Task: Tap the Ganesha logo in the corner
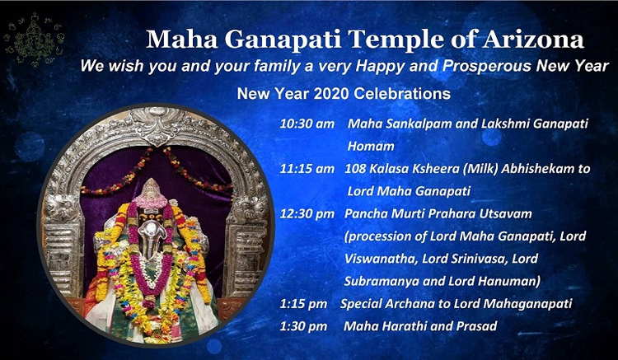point(34,40)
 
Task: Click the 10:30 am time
point(307,124)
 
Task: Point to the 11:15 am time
point(307,169)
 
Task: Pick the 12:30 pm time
point(307,213)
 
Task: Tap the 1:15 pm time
point(303,304)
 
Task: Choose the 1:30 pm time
point(303,326)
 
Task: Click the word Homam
point(371,146)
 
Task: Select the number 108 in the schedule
point(354,169)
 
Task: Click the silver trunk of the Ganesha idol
point(152,236)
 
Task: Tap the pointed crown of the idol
point(150,189)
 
